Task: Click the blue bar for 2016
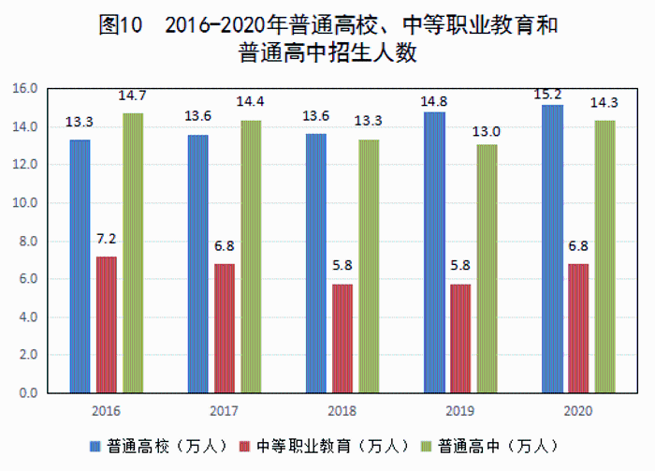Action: pos(80,266)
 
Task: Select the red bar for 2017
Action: pos(225,328)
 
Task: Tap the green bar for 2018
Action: pos(370,266)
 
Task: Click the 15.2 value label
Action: pos(550,94)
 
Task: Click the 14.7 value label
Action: pos(132,96)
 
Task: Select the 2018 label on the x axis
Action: pos(342,411)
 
